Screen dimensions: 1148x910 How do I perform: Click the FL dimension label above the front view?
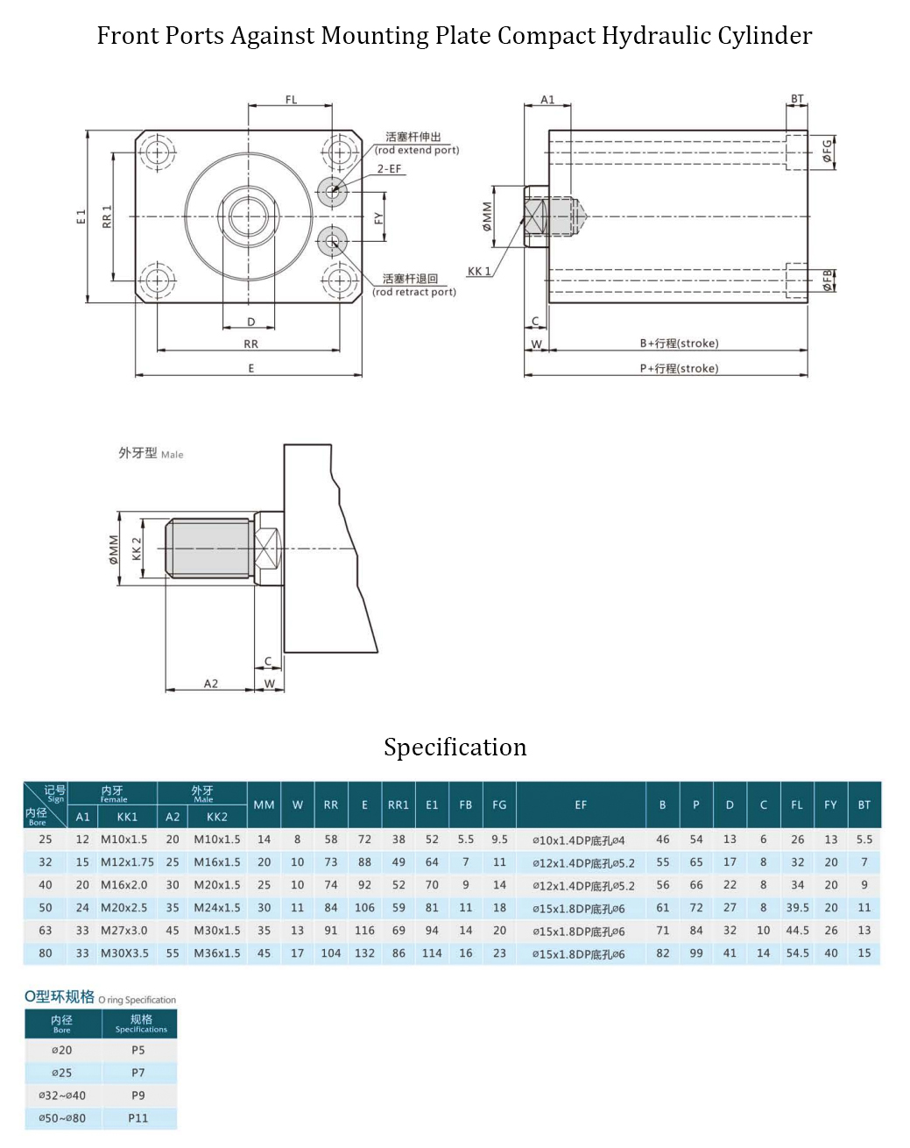[x=291, y=100]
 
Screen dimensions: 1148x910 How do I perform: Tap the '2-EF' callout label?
[x=389, y=168]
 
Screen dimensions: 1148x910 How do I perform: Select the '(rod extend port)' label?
[x=417, y=150]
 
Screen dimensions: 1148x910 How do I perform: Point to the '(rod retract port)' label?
[x=414, y=292]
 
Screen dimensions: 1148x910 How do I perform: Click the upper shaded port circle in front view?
[x=332, y=188]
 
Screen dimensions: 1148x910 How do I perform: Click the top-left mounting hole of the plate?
[x=158, y=152]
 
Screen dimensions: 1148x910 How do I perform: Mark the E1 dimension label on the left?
[x=81, y=216]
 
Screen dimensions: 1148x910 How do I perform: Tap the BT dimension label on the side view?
[x=797, y=99]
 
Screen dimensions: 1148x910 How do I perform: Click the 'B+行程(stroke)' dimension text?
[x=679, y=344]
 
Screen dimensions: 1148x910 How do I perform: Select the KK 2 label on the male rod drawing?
[x=137, y=549]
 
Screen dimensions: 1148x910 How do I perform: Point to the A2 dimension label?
[x=211, y=684]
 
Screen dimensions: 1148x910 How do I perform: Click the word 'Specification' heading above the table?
[x=455, y=747]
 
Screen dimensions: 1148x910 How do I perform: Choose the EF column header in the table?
[x=581, y=804]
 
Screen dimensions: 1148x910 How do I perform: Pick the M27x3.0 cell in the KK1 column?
[x=123, y=931]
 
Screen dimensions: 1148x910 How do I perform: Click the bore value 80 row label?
[x=46, y=953]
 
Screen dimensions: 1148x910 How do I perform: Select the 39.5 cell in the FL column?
[x=797, y=908]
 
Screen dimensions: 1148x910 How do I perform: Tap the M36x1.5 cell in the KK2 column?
[x=216, y=953]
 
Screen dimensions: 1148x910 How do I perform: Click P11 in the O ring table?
[x=138, y=1118]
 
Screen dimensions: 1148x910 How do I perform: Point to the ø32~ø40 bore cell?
[x=62, y=1095]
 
